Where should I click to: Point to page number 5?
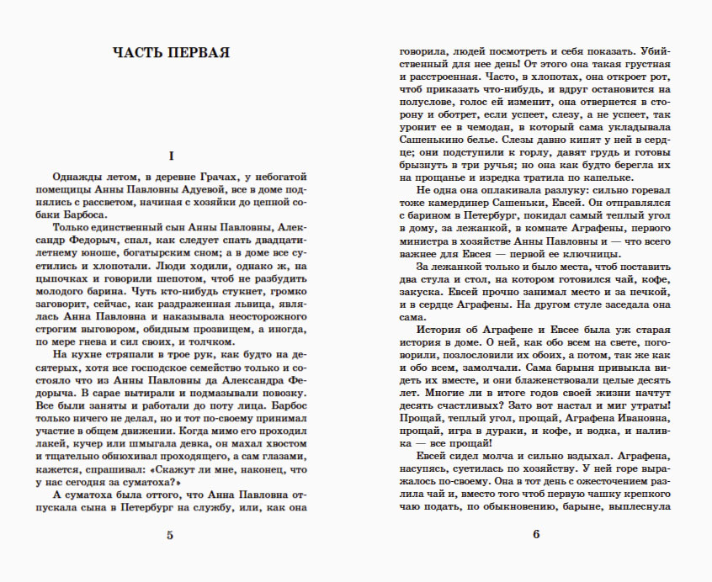click(x=171, y=535)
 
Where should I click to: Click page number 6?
click(x=535, y=535)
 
